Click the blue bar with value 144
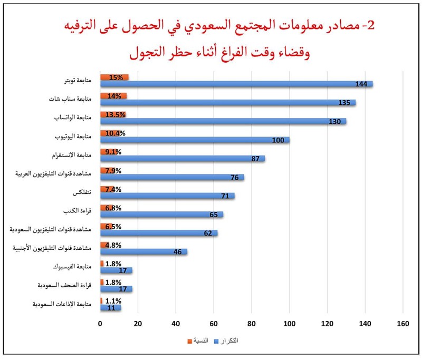tap(236, 84)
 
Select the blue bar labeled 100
tap(195, 140)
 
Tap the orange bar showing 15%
tap(114, 77)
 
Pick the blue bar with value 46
tap(143, 252)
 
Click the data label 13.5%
tap(115, 114)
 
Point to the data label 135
tap(349, 103)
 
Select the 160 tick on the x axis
tap(403, 324)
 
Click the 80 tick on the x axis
tap(252, 324)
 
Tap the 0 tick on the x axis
tap(100, 324)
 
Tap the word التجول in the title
tap(146, 53)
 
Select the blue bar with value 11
tap(110, 308)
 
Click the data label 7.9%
tap(113, 170)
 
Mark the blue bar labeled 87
tap(182, 159)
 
